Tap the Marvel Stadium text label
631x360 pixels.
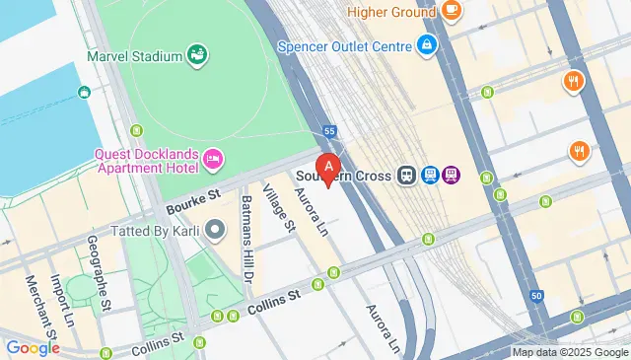pos(134,56)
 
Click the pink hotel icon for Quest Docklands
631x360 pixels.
pos(212,159)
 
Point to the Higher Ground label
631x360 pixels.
pos(389,12)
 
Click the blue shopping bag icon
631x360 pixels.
pos(426,44)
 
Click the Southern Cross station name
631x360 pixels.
pos(346,176)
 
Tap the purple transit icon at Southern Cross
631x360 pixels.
pos(452,176)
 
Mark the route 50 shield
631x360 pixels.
pos(535,296)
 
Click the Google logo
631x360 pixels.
pos(33,347)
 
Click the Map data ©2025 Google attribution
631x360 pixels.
pos(569,352)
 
